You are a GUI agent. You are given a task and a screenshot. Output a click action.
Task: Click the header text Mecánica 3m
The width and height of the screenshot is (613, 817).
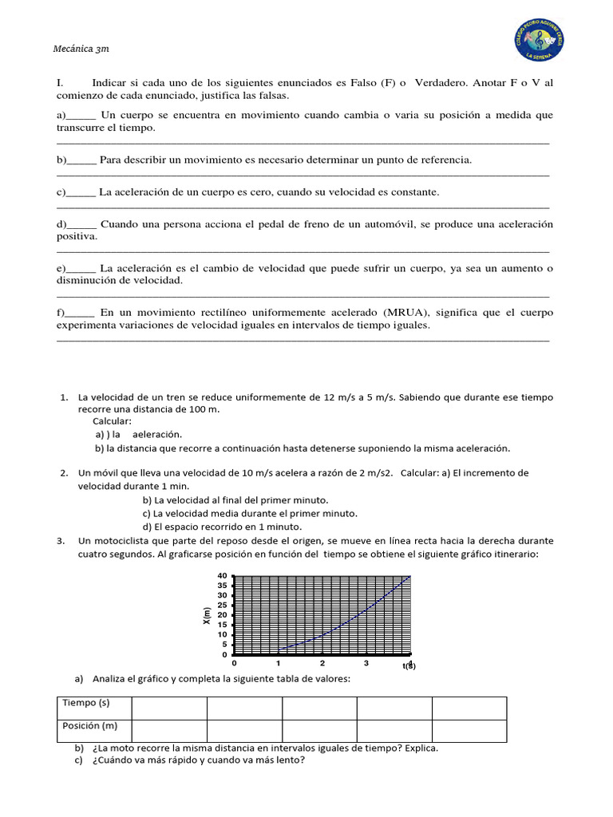(x=81, y=49)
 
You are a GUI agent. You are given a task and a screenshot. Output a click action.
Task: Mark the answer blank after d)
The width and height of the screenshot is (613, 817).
(x=82, y=225)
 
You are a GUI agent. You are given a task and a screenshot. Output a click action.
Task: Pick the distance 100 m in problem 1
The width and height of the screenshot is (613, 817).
(x=200, y=409)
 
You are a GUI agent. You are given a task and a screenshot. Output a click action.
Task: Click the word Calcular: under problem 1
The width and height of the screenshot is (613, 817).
(x=112, y=421)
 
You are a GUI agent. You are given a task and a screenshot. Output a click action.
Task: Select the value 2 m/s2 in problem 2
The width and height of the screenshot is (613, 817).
(x=370, y=473)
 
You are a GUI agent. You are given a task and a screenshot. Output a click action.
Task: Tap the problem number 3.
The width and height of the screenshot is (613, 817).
(x=61, y=541)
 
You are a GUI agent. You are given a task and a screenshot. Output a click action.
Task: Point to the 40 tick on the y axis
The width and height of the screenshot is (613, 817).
(x=223, y=576)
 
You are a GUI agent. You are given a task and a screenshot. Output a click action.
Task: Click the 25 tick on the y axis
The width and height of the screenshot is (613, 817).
(x=223, y=606)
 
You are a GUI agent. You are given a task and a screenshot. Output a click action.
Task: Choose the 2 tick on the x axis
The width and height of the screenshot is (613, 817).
(x=322, y=664)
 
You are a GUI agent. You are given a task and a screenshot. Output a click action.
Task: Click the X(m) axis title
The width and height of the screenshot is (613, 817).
(x=207, y=615)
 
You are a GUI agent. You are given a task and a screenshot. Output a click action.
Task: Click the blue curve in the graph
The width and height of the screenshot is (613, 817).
(x=359, y=620)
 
